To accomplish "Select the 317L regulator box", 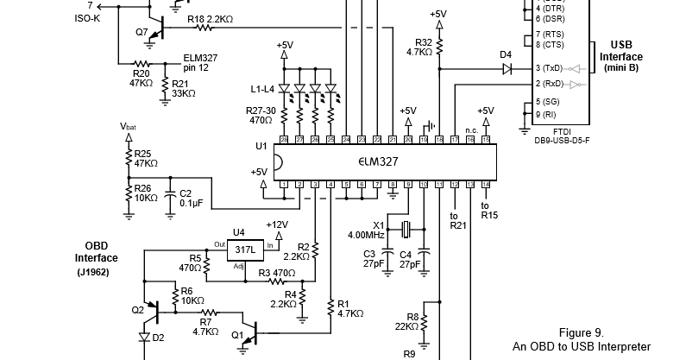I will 247,249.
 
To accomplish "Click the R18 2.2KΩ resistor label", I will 210,17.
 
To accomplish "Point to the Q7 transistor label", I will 142,31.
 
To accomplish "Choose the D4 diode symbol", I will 507,67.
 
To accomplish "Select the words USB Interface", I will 626,51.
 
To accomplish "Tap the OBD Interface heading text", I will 96,251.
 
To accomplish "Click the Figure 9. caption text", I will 581,332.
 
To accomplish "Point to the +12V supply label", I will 277,224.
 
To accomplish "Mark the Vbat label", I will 128,126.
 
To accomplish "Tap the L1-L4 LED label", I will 263,89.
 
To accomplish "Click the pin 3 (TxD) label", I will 549,67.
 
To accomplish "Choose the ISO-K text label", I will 87,17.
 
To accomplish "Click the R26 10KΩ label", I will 144,193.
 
